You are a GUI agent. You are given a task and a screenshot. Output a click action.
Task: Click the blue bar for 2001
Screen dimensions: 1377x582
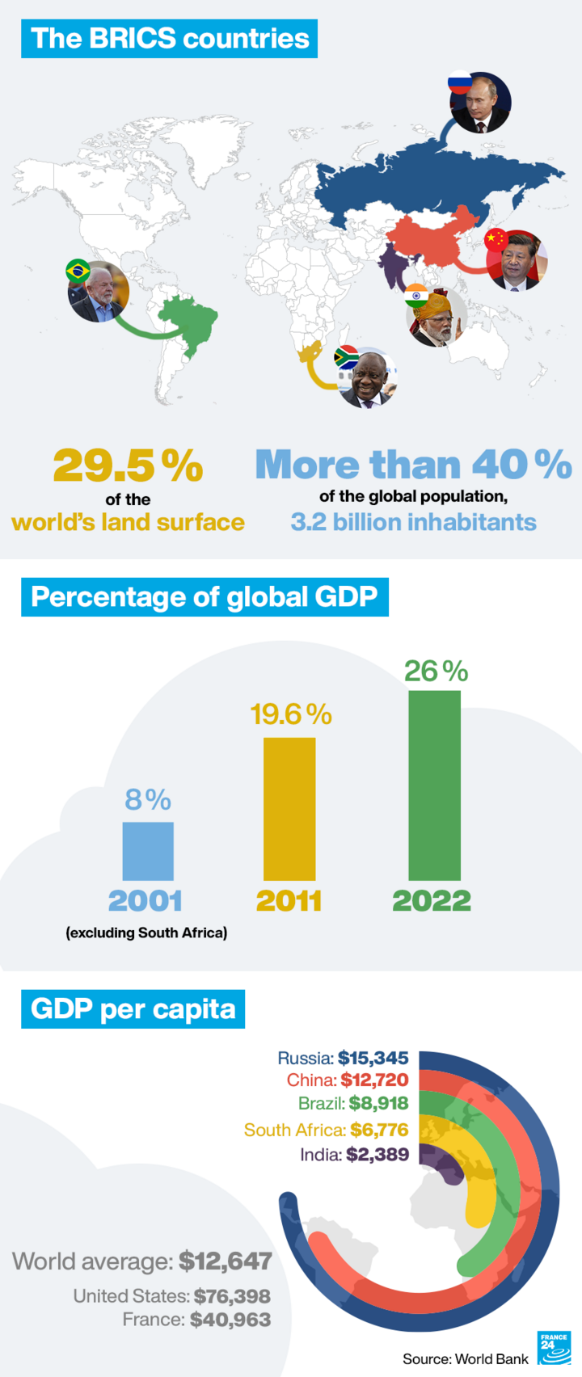(148, 851)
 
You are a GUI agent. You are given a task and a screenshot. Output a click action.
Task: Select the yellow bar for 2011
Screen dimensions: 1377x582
(289, 808)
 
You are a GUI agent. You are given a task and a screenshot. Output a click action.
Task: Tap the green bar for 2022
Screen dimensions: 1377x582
(434, 785)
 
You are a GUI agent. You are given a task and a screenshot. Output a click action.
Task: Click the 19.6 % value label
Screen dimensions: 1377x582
(291, 714)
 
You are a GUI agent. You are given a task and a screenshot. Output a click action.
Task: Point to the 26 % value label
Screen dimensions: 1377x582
(436, 672)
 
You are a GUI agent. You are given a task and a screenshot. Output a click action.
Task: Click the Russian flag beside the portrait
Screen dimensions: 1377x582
(459, 82)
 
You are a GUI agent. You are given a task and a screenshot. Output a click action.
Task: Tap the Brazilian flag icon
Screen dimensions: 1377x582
(78, 271)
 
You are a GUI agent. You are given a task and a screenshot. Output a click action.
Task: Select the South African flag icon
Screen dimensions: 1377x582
(347, 357)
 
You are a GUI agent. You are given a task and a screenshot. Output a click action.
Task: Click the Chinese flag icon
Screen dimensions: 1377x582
(496, 239)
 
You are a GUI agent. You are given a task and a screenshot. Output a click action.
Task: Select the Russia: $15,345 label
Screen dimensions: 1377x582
(343, 1058)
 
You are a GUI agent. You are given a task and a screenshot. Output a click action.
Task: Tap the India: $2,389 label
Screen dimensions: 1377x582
(354, 1154)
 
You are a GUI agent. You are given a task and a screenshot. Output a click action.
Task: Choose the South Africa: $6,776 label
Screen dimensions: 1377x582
(326, 1130)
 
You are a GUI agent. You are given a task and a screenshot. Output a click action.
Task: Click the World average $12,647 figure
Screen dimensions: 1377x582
(142, 1261)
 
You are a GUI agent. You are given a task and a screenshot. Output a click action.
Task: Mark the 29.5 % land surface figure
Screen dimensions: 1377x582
(128, 465)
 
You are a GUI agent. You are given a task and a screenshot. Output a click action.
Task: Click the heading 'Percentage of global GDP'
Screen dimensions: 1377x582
(205, 597)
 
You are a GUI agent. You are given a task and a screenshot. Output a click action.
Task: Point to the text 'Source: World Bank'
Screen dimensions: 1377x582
(466, 1359)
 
